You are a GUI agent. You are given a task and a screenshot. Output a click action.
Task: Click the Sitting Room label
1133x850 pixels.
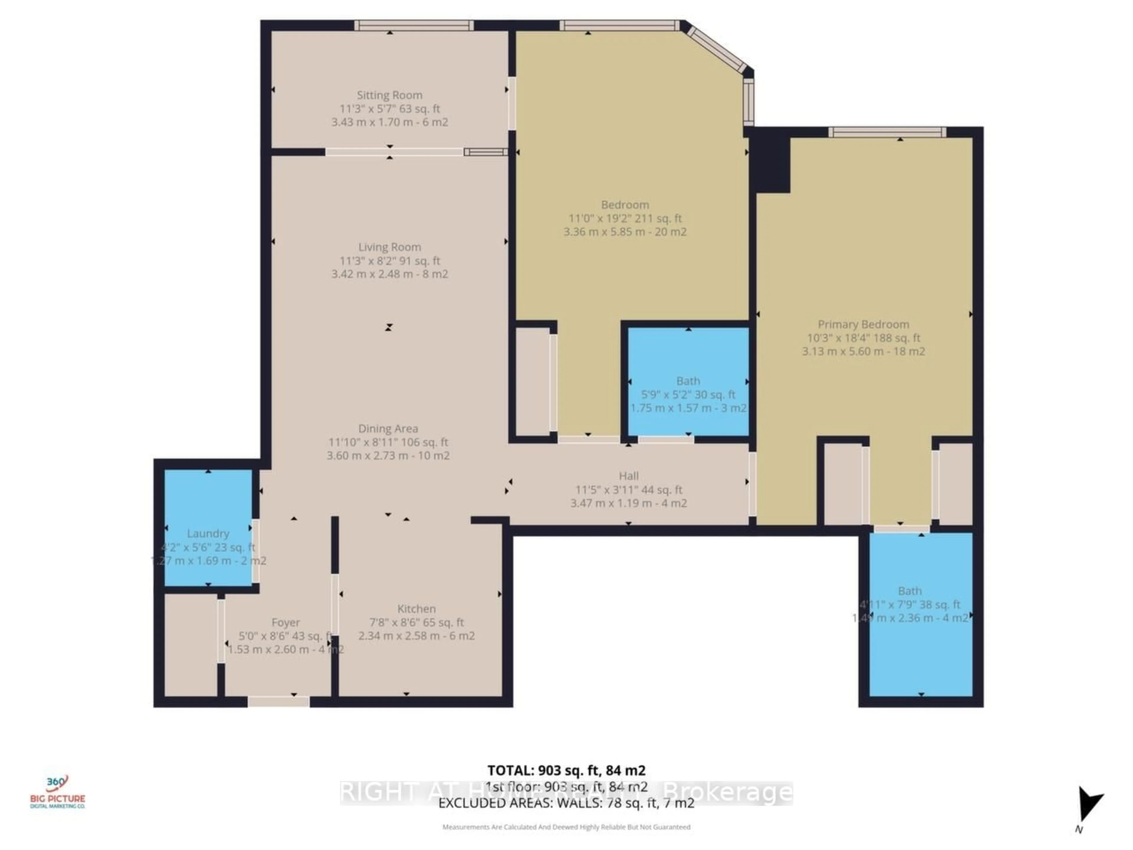tap(389, 95)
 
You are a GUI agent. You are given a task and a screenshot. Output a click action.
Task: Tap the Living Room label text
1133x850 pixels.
tap(389, 247)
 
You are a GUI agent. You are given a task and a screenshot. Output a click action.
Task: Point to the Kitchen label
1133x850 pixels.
tap(416, 609)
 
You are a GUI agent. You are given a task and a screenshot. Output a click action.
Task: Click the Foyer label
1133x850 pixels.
tap(285, 622)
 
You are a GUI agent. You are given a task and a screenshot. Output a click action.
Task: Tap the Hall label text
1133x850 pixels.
tap(628, 476)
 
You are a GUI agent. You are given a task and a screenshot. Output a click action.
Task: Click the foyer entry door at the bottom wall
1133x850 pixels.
tap(279, 702)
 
